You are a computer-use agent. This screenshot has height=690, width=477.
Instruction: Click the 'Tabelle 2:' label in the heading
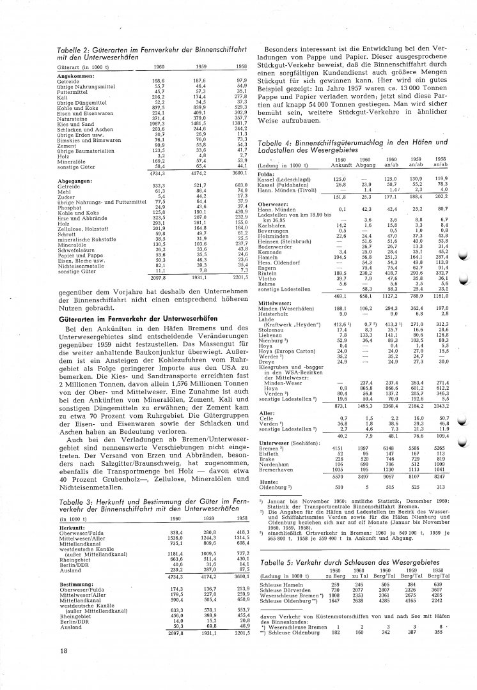point(72,49)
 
